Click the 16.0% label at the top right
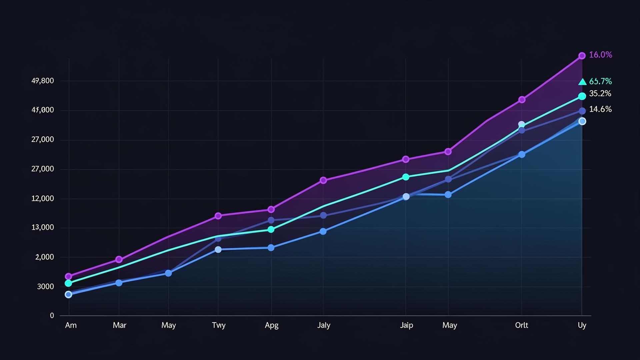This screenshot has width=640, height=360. [600, 55]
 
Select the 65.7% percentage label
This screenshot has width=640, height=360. [600, 81]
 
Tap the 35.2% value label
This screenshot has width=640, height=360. [600, 94]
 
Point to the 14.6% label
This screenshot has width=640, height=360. [600, 109]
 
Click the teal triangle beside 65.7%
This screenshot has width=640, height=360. [582, 82]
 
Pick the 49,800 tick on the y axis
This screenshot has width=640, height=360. [43, 81]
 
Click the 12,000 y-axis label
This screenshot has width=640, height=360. [43, 199]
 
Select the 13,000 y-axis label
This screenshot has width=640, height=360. [43, 228]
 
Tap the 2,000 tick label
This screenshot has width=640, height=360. [45, 257]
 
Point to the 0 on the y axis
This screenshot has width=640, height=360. [52, 316]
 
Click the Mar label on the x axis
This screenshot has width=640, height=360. [119, 325]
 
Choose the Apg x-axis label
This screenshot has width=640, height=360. [271, 325]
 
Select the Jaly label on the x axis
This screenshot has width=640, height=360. [324, 325]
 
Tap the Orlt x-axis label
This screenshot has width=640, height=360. [521, 325]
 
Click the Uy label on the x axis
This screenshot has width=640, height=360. [582, 325]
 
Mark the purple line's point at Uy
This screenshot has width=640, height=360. [582, 56]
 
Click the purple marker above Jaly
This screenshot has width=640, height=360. [323, 180]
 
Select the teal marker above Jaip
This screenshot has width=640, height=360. [406, 177]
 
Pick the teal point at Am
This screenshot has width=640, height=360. [68, 283]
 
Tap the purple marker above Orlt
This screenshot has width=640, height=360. [522, 100]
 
